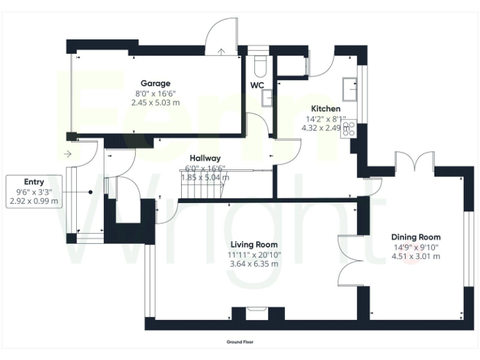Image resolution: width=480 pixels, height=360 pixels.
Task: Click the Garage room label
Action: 155,83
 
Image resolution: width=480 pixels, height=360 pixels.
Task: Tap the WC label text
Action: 257,85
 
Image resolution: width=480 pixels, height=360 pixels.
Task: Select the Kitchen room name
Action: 326,109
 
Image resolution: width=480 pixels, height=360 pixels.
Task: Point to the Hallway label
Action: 205,159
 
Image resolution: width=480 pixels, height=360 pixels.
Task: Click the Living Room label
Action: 254,244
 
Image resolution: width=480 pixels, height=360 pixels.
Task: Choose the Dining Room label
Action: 416,237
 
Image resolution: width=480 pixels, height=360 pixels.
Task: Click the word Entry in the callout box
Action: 34,182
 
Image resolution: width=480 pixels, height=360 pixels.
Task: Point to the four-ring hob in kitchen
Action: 349,129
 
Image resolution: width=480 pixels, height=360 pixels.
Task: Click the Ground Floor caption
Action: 240,342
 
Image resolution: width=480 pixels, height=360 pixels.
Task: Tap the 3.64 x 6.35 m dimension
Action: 254,263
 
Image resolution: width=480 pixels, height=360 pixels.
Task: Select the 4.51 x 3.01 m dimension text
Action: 416,256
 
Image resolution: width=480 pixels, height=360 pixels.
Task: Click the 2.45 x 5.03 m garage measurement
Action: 155,102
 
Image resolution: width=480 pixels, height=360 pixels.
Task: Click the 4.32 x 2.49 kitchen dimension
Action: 321,127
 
